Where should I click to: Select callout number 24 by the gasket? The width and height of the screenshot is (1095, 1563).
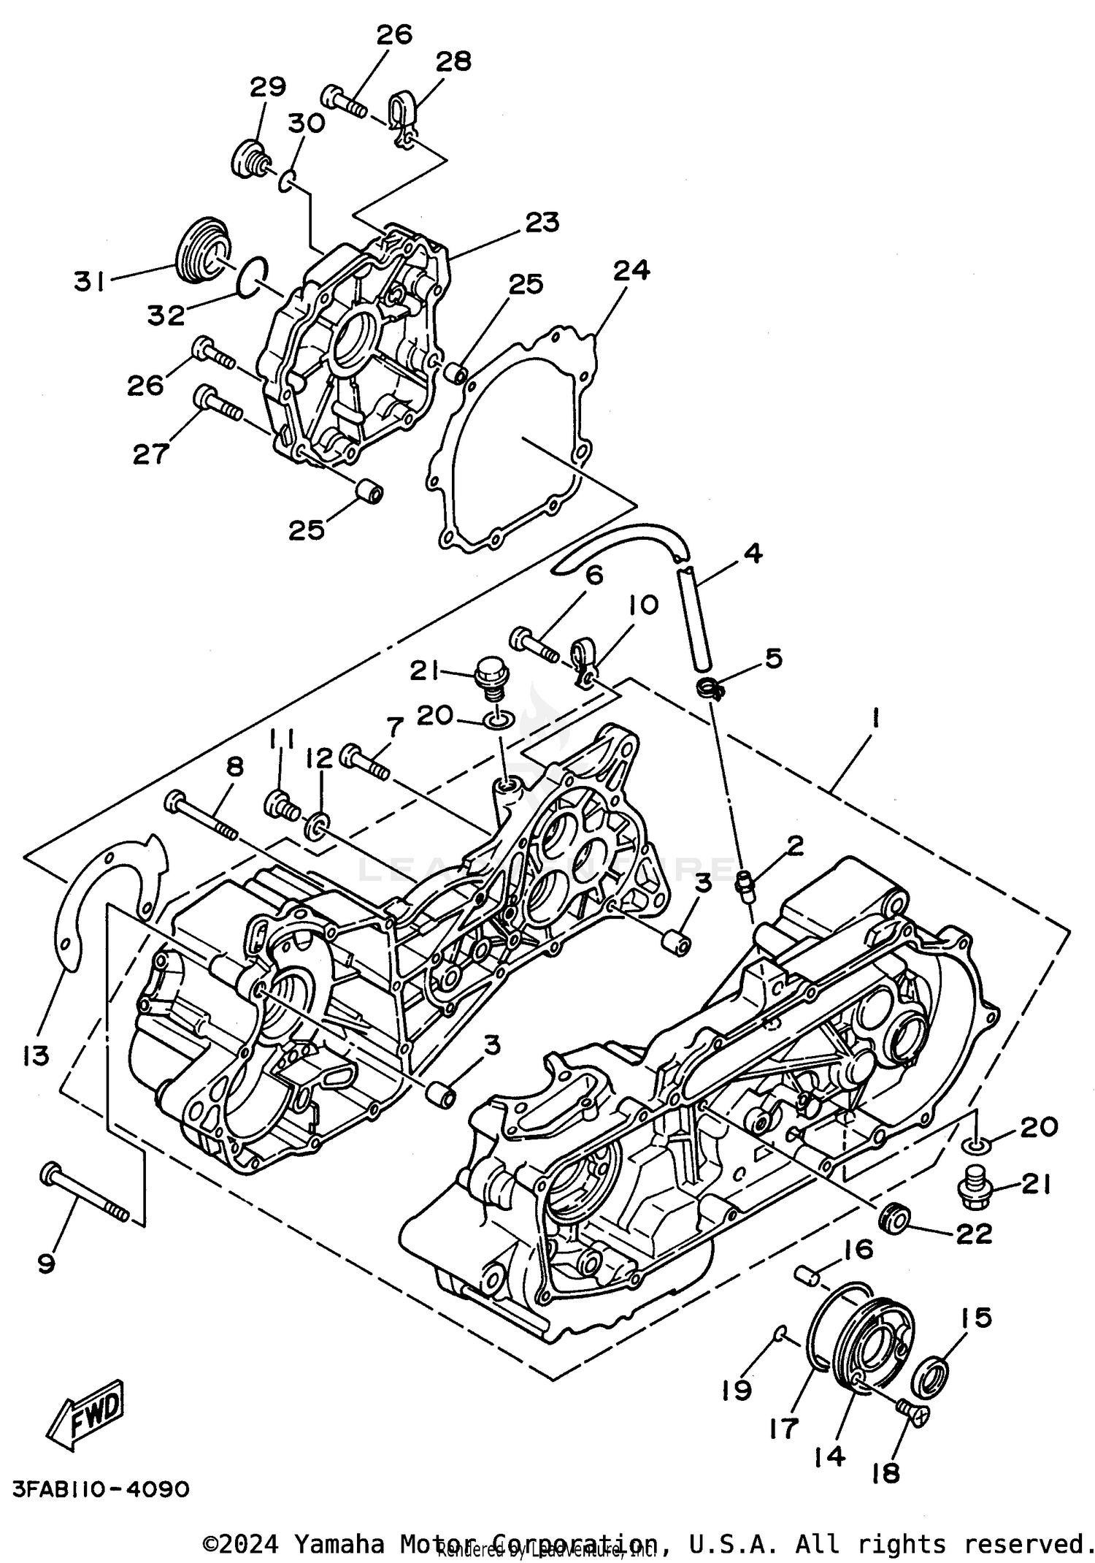pyautogui.click(x=631, y=271)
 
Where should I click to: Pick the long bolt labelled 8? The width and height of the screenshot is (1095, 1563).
pyautogui.click(x=201, y=817)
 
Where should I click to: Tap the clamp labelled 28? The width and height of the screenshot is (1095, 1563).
pyautogui.click(x=402, y=117)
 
